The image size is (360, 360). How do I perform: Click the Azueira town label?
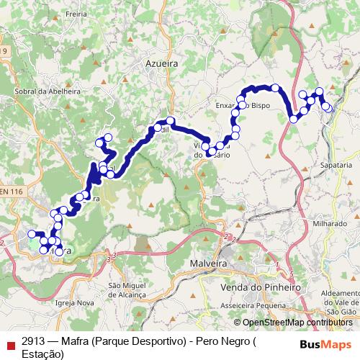[161, 63]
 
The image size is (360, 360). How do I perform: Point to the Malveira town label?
[209, 264]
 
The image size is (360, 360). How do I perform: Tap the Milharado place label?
[329, 224]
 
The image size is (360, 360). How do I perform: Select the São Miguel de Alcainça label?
[127, 290]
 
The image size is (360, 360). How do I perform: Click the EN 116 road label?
[12, 191]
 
